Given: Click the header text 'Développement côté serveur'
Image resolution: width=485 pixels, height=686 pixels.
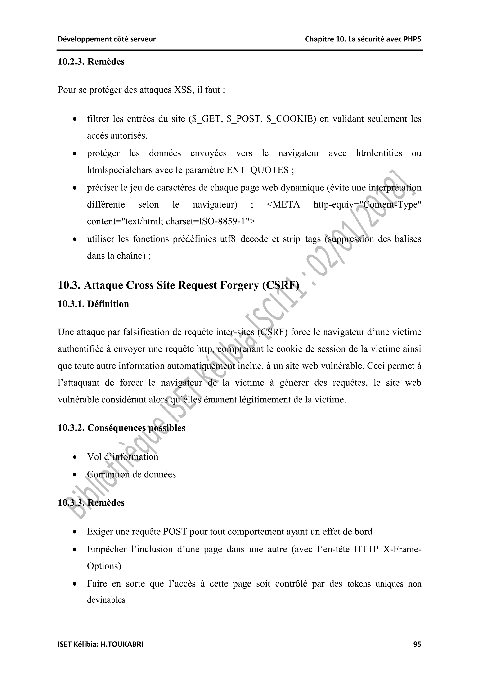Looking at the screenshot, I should (x=107, y=39).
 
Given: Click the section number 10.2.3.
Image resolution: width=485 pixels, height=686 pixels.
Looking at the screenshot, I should (x=71, y=62).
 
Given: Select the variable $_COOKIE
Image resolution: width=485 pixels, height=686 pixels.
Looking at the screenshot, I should (x=291, y=119).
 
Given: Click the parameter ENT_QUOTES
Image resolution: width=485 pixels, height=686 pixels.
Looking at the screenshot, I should (x=257, y=170).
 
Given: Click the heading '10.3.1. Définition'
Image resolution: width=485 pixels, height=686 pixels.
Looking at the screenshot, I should (x=93, y=304).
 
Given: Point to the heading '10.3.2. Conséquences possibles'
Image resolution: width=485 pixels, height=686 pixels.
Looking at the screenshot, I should (x=121, y=428).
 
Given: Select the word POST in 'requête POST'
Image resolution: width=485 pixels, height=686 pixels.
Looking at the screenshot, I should (x=175, y=532).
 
